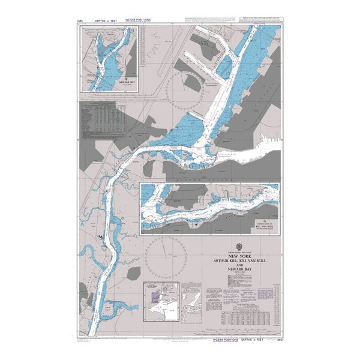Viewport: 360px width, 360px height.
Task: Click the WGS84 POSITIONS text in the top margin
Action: coord(137,20)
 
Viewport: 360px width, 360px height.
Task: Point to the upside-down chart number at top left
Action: coord(80,20)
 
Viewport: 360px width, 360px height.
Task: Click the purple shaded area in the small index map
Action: coord(154,296)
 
